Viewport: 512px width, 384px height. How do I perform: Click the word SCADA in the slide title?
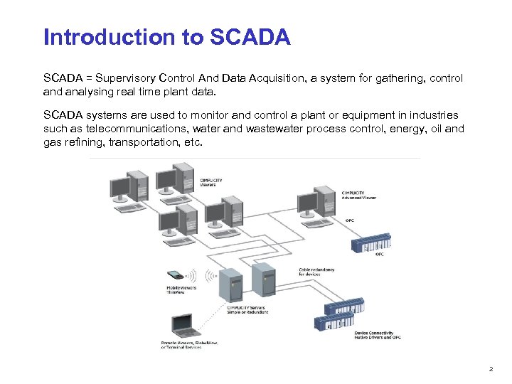point(251,37)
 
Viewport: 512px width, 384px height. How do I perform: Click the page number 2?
point(490,368)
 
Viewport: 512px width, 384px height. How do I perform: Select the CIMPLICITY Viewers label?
point(211,183)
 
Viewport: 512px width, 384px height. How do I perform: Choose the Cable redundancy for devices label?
point(316,272)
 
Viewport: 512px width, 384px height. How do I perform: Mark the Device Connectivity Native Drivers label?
point(377,334)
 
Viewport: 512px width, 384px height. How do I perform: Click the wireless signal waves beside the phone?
point(210,275)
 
